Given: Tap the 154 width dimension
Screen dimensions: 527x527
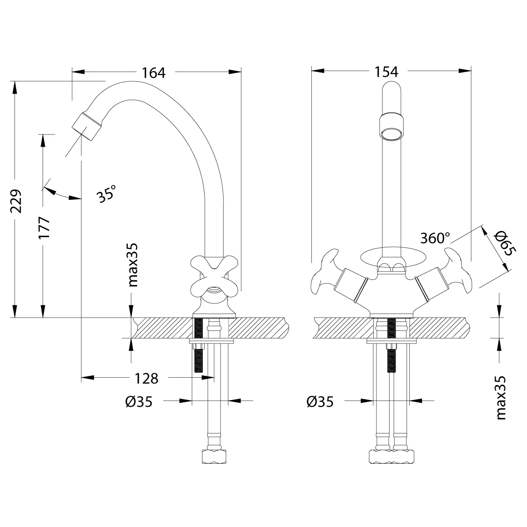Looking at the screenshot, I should point(386,72).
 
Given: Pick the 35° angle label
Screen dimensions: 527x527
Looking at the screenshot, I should point(107,193).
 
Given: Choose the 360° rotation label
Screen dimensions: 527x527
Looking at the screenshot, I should point(435,238).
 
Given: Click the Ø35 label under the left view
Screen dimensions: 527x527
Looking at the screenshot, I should point(138,401).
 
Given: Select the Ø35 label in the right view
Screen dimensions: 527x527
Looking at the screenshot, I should point(320,401).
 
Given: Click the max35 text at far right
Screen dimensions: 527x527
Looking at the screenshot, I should point(501,397).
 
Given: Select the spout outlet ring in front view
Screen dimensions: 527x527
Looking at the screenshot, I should point(390,132).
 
